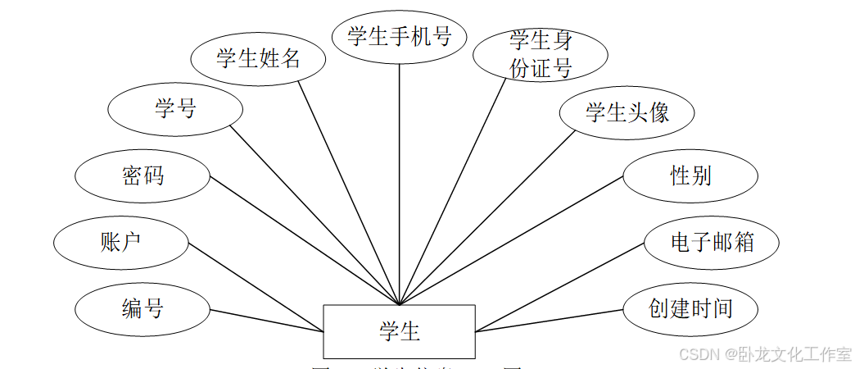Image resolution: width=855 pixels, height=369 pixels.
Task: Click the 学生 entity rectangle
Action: pos(399,331)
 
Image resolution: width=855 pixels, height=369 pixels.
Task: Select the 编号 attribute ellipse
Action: pos(142,309)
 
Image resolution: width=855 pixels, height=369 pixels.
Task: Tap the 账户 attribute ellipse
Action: pos(121,243)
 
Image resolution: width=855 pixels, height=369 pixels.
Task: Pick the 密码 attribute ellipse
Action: pos(142,175)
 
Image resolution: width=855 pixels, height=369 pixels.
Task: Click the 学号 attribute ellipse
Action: pos(175,108)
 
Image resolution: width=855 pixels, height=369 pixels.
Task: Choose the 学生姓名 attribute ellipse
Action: pos(258,58)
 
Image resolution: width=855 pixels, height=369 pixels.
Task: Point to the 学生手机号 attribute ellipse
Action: pos(399,36)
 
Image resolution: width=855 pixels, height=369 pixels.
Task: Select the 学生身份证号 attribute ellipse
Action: pos(541,55)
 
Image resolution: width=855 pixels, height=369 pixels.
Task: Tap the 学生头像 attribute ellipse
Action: pos(627,112)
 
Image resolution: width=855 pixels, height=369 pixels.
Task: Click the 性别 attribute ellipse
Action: pos(690,175)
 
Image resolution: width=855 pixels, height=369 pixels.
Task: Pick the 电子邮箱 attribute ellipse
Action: pos(712,243)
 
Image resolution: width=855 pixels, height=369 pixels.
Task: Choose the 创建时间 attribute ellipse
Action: pos(690,309)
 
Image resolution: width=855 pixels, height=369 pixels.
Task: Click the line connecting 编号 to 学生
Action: pos(267,321)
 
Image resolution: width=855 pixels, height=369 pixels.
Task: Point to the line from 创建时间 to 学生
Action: pos(549,321)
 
